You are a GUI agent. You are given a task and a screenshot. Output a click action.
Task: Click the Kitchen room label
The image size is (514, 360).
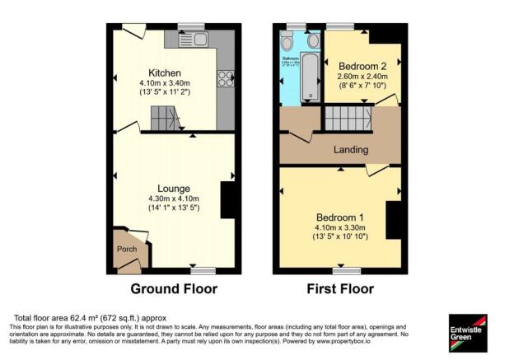(165, 72)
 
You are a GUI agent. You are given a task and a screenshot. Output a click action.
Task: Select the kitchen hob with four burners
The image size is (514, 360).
(225, 79)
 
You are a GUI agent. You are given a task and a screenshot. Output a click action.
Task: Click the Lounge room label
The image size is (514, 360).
(165, 187)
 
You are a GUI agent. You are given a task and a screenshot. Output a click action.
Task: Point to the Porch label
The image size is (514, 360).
(127, 249)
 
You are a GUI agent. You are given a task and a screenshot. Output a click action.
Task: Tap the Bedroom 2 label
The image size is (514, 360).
(364, 65)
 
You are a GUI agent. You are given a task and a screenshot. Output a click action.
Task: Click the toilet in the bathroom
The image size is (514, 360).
(287, 41)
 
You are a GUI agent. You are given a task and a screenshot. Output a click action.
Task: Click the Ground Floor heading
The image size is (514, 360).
(174, 289)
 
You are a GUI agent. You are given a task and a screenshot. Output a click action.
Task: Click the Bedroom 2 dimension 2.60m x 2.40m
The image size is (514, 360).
(364, 77)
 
